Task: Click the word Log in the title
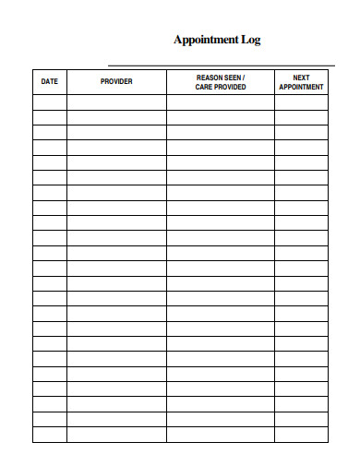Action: pos(251,40)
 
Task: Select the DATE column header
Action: pos(50,81)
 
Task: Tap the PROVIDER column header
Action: pos(116,81)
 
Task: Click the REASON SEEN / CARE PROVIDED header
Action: pos(221,81)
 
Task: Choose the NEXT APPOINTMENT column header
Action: pos(301,81)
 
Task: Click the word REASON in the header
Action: pos(211,77)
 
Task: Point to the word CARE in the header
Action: pos(204,87)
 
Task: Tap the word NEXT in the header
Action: pos(301,77)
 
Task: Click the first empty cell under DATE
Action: pos(50,102)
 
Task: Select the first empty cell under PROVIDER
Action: pos(116,102)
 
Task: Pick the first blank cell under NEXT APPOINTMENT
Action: pos(301,102)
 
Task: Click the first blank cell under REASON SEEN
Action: pos(221,102)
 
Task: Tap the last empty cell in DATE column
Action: pos(50,435)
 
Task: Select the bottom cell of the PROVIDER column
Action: pos(116,435)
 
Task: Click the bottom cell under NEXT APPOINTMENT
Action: pos(301,435)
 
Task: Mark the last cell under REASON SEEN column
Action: pos(221,435)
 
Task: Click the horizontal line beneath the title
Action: pos(221,65)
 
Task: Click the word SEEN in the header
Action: pos(234,77)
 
